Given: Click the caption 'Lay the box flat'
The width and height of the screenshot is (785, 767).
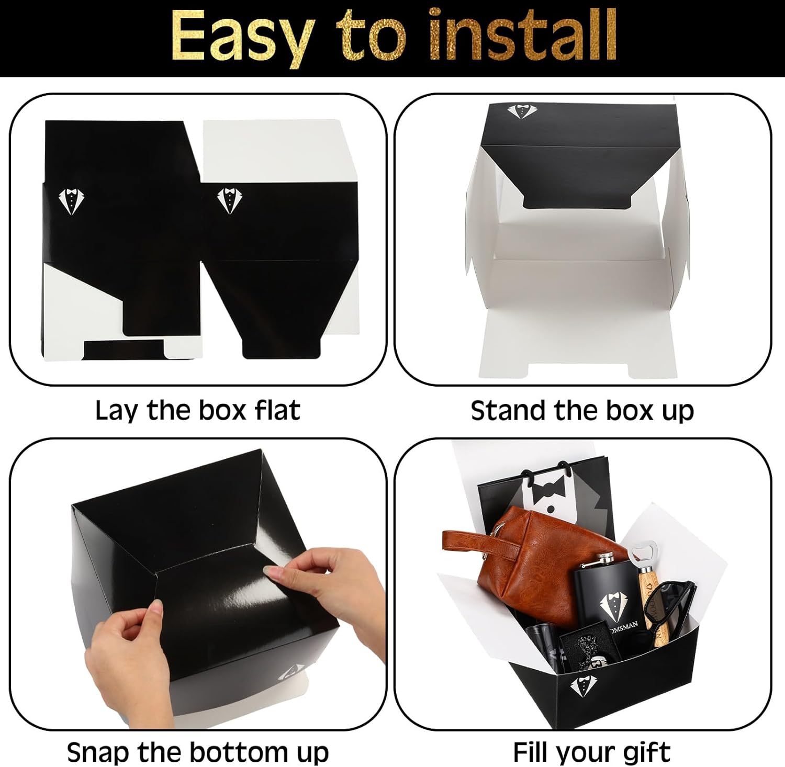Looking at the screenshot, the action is coord(198,411).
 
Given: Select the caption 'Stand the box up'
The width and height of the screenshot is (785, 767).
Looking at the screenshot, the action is coord(582,411).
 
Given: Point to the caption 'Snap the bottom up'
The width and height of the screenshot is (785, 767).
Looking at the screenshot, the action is coord(198,752).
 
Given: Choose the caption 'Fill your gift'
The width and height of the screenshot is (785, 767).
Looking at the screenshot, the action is coord(591,752).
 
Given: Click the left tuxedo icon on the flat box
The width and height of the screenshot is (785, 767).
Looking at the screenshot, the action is coord(71,201).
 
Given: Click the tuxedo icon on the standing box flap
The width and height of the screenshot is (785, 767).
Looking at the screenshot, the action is coord(521,111).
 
